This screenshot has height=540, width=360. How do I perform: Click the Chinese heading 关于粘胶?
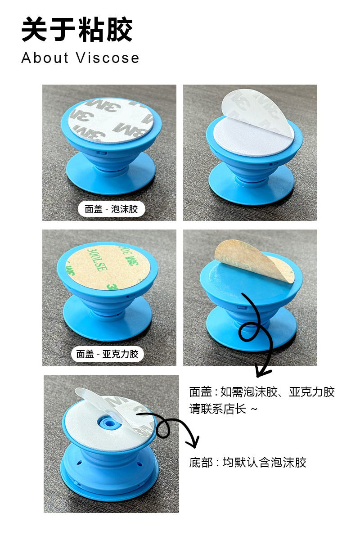(77, 31)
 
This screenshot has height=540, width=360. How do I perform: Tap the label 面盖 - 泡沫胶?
(111, 209)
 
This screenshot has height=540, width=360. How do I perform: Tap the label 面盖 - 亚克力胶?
(107, 354)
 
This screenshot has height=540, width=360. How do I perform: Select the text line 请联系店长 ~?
(224, 409)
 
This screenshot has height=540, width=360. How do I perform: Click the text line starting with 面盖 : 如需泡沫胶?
(262, 392)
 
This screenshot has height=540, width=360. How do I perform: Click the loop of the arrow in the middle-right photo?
(248, 332)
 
